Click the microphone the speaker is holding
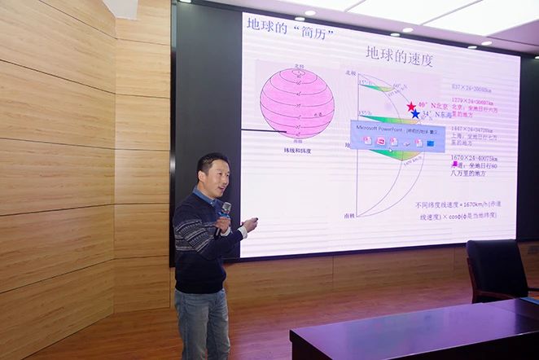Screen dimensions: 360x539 click(x=226, y=209)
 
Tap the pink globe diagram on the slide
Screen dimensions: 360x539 click(x=296, y=103)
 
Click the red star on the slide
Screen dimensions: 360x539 click(x=411, y=107)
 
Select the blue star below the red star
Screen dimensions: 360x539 click(x=415, y=115)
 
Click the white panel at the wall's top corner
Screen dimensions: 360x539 click(x=121, y=8)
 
